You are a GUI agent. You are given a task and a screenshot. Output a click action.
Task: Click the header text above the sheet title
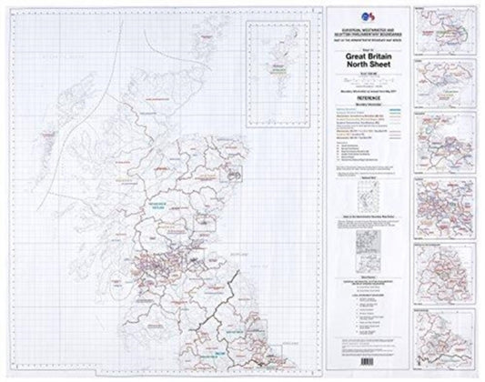(362, 30)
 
